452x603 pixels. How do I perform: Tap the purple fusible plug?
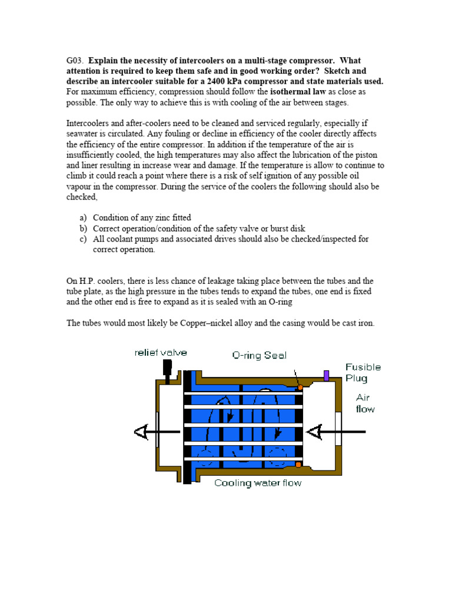326,375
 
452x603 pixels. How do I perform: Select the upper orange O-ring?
300,387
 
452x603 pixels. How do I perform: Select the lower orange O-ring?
299,465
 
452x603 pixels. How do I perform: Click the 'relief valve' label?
161,353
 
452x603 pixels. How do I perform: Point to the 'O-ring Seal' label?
259,356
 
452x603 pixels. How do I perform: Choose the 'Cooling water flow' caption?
258,483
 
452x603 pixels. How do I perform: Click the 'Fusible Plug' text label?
363,372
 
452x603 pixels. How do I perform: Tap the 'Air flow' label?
364,403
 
